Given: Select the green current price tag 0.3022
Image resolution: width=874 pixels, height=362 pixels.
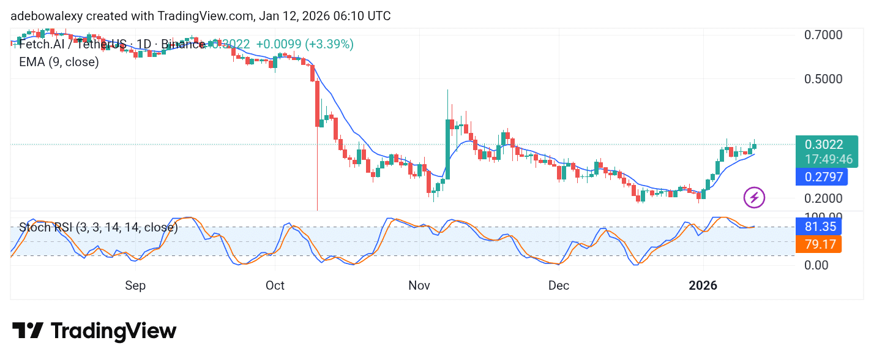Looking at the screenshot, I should point(824,145).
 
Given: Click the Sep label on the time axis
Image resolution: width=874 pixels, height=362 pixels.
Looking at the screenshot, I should point(135,286).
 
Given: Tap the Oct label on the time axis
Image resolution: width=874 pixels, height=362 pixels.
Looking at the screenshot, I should point(275,286).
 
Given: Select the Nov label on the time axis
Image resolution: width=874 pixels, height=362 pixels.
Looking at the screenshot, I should point(419,286).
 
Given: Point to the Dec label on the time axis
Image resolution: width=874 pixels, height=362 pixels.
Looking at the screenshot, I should point(559,286).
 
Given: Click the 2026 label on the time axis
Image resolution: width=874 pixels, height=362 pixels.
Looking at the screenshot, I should point(703,286).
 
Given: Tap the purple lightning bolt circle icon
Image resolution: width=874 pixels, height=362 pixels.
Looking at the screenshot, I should point(754,198).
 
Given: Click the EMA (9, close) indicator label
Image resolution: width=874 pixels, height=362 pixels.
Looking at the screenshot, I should point(59,62).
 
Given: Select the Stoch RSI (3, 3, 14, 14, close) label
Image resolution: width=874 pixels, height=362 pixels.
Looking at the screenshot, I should point(99,228).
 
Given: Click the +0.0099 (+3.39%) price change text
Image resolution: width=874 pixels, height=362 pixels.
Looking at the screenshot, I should point(304,44).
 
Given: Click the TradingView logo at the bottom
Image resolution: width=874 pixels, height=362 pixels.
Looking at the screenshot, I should point(94,331).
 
